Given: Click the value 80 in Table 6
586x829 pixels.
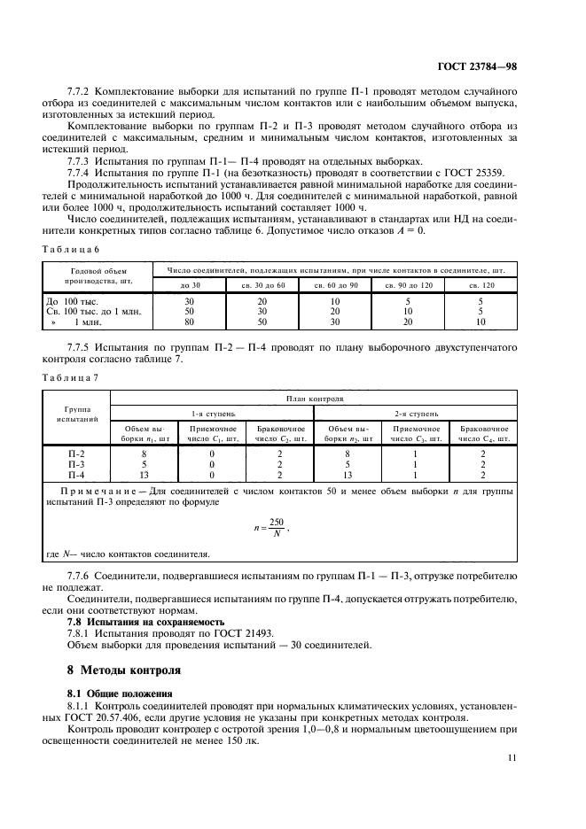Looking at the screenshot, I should [x=189, y=322].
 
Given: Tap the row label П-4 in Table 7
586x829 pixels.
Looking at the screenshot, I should [x=76, y=474].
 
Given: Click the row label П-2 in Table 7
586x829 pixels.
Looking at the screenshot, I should [x=76, y=453].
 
